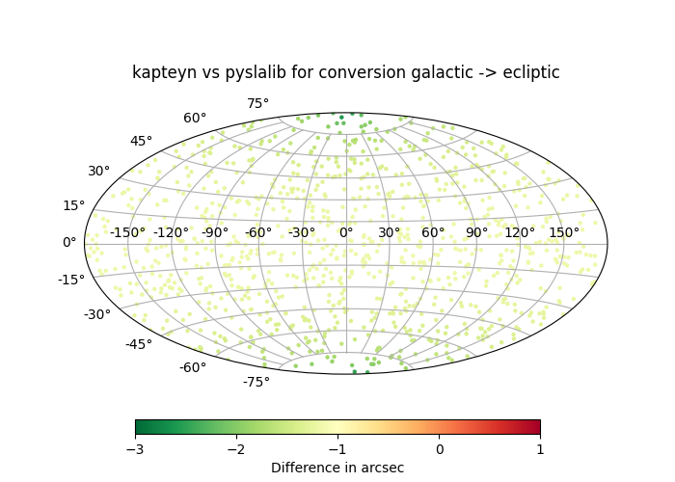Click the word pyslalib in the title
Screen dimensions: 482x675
coord(253,73)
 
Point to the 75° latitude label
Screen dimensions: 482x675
coord(257,104)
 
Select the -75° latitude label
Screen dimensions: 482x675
coord(256,382)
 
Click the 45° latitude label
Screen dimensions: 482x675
coord(141,142)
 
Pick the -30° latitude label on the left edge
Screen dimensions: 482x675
coord(96,315)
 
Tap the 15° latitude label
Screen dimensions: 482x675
coord(73,205)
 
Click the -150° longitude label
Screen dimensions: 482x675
coord(127,232)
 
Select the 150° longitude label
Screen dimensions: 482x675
coord(564,232)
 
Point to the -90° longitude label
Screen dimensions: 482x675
coord(214,232)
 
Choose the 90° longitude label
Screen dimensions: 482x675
coord(476,232)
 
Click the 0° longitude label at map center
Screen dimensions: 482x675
coord(345,232)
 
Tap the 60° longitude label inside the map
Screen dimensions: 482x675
coord(433,232)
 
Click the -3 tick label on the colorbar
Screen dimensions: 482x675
coord(135,449)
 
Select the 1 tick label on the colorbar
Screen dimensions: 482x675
coord(540,449)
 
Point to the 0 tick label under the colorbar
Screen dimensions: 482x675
coord(439,449)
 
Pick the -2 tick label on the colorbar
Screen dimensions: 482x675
coord(236,449)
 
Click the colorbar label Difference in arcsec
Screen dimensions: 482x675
coord(337,469)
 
